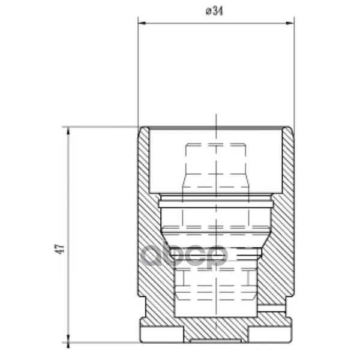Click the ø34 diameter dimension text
(x=214, y=11)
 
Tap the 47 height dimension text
(x=59, y=249)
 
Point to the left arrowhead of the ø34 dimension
(x=142, y=23)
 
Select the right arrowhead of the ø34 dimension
(x=290, y=23)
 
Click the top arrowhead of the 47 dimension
(x=68, y=131)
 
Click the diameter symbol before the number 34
(x=208, y=11)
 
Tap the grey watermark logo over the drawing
(x=183, y=256)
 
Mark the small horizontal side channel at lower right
(x=271, y=308)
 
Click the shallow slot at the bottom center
(x=216, y=341)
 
